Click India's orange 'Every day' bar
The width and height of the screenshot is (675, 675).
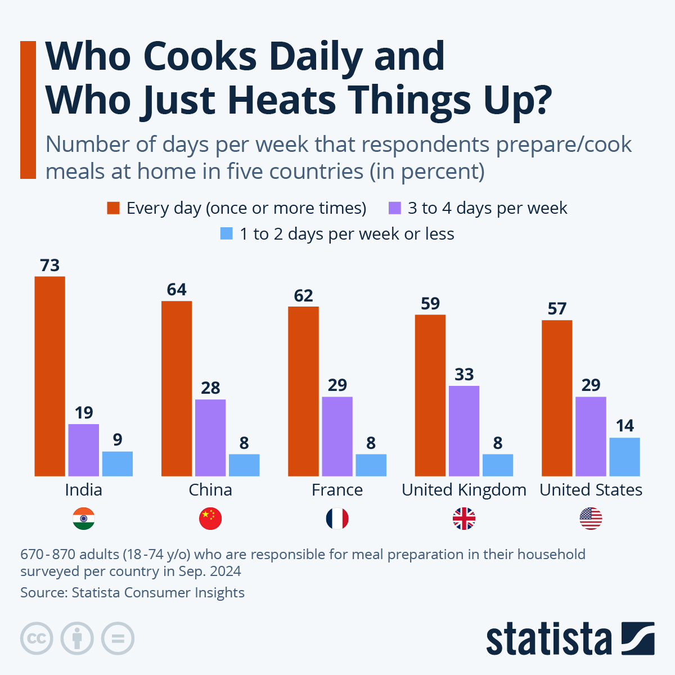click(x=49, y=376)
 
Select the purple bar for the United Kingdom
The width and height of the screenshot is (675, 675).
click(x=464, y=431)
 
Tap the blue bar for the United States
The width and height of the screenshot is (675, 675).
click(x=624, y=457)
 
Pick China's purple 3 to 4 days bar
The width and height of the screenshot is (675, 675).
click(x=210, y=438)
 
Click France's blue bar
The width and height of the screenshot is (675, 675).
click(x=371, y=465)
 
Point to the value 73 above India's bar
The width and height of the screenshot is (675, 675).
click(x=49, y=265)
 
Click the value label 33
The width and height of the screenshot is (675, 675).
click(x=464, y=375)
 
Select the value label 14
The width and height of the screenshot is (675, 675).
click(x=624, y=426)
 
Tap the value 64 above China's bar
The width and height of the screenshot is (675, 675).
click(x=177, y=290)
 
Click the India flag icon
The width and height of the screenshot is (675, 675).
click(x=83, y=519)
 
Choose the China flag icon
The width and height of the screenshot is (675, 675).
click(x=210, y=519)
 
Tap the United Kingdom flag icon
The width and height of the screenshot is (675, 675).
click(x=464, y=519)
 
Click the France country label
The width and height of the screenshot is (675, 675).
click(x=337, y=490)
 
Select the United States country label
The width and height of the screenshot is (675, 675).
click(x=591, y=490)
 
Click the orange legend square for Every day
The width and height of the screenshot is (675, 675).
click(x=114, y=208)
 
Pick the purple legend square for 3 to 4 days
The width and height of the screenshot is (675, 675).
click(x=395, y=208)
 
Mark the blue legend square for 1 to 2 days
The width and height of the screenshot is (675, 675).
click(x=227, y=234)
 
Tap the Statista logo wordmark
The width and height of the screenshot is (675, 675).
click(x=548, y=639)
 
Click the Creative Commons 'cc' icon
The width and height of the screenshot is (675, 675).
click(x=37, y=639)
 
